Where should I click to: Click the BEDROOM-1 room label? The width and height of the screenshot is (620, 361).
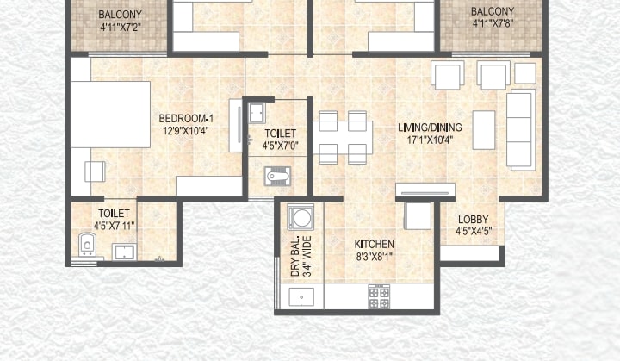point(186,118)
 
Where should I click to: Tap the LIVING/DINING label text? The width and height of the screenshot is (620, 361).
point(430,128)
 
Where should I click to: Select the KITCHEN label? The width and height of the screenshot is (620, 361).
point(374,244)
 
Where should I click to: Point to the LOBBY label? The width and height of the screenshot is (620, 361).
point(473,220)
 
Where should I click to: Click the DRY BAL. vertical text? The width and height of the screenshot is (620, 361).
point(295,257)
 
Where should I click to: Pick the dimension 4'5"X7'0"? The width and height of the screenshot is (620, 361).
point(280,146)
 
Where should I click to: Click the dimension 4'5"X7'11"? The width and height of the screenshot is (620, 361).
point(114,226)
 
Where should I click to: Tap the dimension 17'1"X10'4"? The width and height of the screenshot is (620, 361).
point(430,140)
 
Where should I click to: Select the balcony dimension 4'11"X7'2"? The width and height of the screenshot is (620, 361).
point(121,28)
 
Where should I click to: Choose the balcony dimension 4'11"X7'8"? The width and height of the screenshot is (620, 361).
point(493,23)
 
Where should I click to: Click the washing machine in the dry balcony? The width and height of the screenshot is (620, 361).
point(301,217)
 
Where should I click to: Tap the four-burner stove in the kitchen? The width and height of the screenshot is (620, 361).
point(379,297)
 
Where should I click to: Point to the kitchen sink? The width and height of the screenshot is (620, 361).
point(301,297)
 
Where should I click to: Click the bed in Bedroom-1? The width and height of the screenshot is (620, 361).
point(111,115)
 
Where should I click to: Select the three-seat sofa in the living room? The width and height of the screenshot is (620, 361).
point(521,130)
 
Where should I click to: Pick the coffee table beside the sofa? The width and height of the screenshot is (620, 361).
point(484,130)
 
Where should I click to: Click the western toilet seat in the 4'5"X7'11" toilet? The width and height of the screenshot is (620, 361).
point(87,244)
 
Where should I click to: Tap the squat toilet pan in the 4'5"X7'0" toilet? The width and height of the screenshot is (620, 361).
point(277,176)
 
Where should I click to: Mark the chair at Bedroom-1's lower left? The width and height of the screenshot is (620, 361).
point(95,171)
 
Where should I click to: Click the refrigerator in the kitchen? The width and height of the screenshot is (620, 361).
point(418,215)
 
